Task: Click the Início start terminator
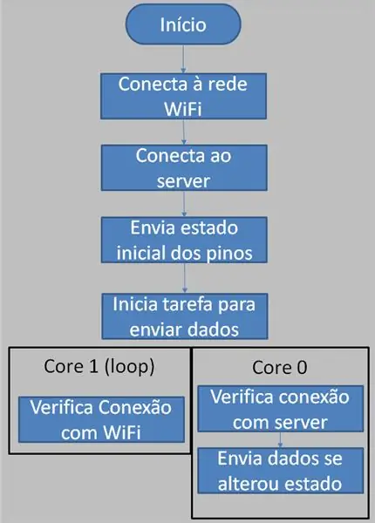(183, 24)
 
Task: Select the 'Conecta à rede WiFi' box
(183, 96)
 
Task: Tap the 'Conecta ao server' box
(184, 167)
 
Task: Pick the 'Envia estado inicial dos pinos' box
(184, 240)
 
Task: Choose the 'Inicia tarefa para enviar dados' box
(185, 316)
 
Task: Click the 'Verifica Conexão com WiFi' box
(101, 419)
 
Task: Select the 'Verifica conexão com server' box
(280, 409)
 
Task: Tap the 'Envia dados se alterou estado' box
(280, 471)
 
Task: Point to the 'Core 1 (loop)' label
(99, 367)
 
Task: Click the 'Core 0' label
(280, 368)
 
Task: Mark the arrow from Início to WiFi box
(183, 58)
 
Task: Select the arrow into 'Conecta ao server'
(183, 132)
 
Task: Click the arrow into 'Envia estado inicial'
(184, 204)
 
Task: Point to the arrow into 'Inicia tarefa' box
(185, 278)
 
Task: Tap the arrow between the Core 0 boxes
(280, 439)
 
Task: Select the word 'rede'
(228, 84)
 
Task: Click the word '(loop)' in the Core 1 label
(129, 367)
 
